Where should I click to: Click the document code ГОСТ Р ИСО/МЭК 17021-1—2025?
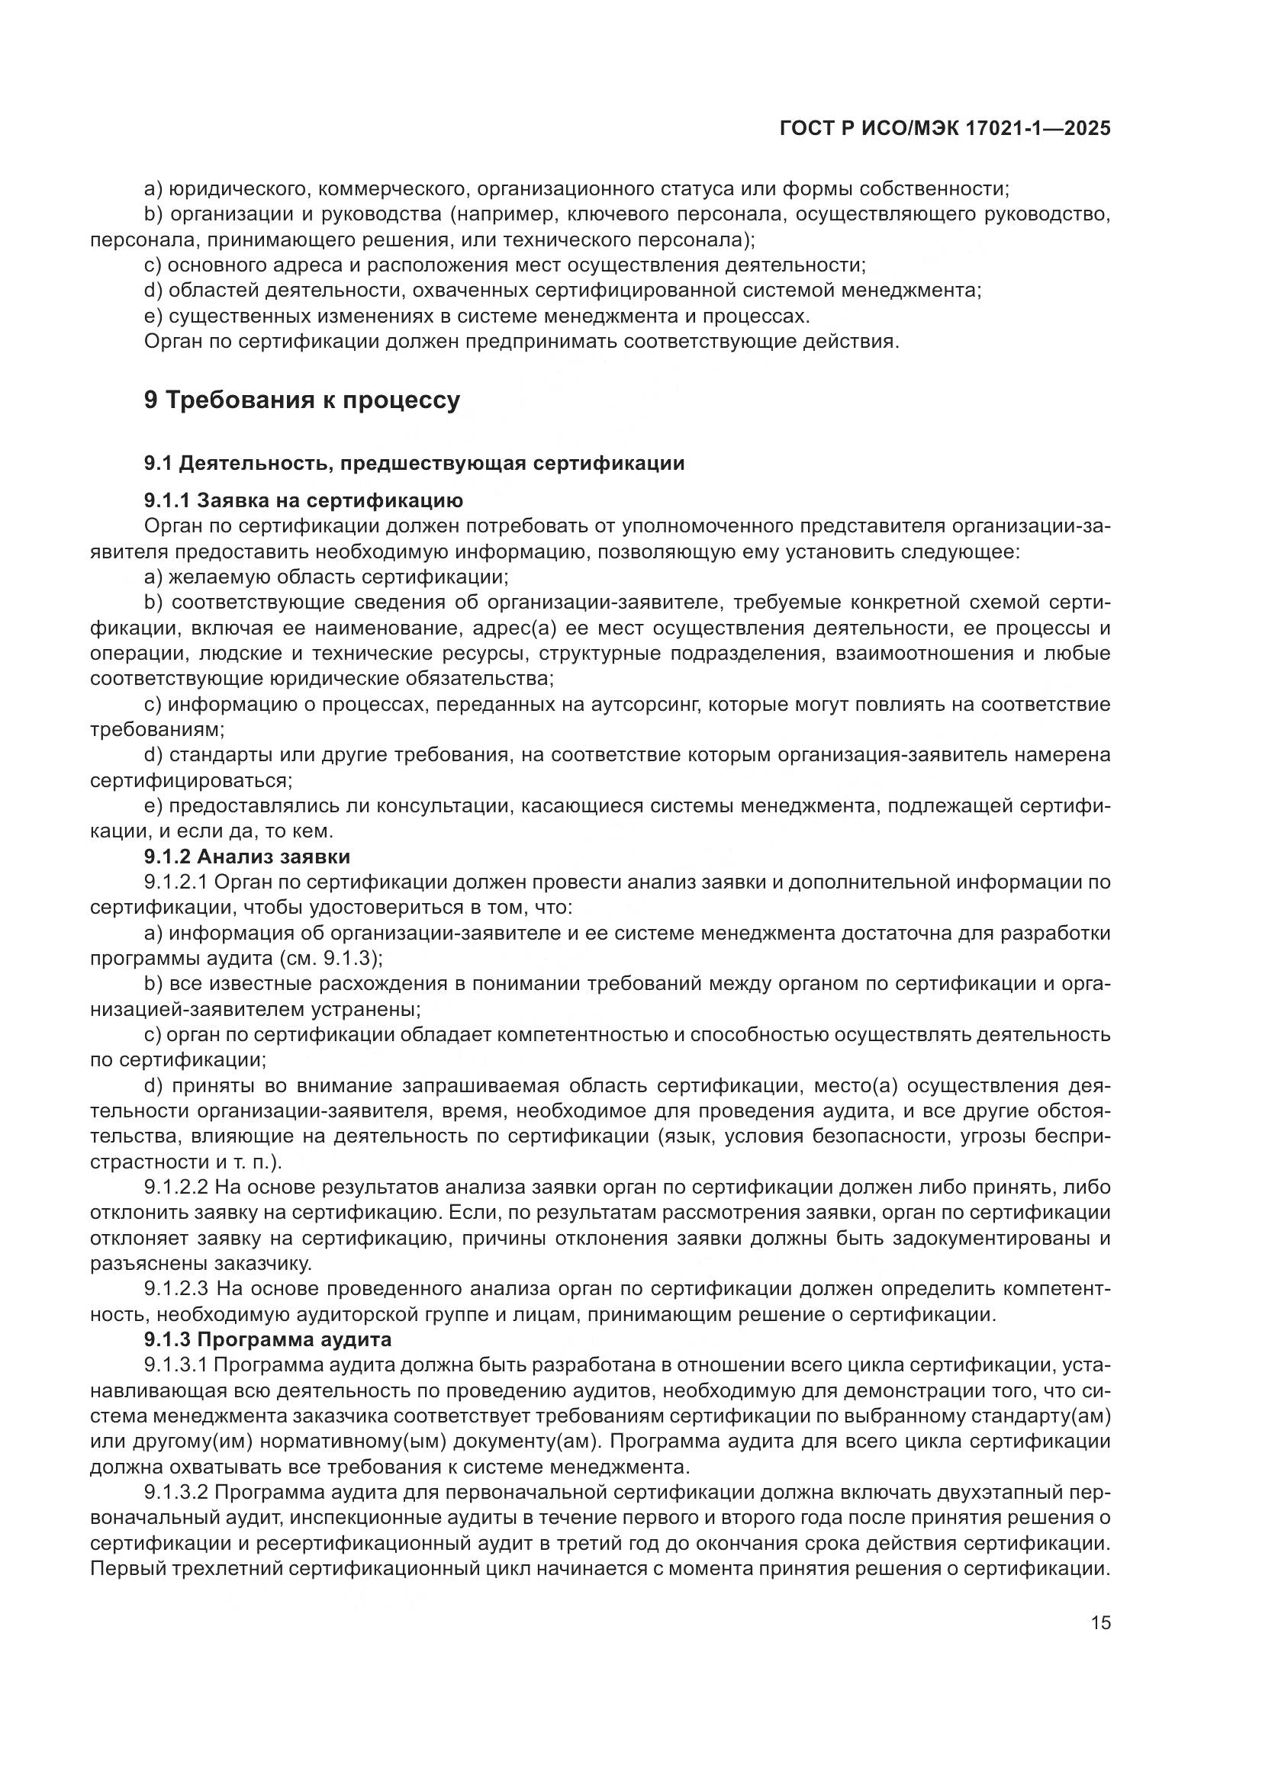coord(944,129)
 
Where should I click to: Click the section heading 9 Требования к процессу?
coord(302,400)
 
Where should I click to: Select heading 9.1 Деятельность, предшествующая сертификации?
coord(414,464)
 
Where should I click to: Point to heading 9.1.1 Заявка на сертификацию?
coord(304,500)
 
